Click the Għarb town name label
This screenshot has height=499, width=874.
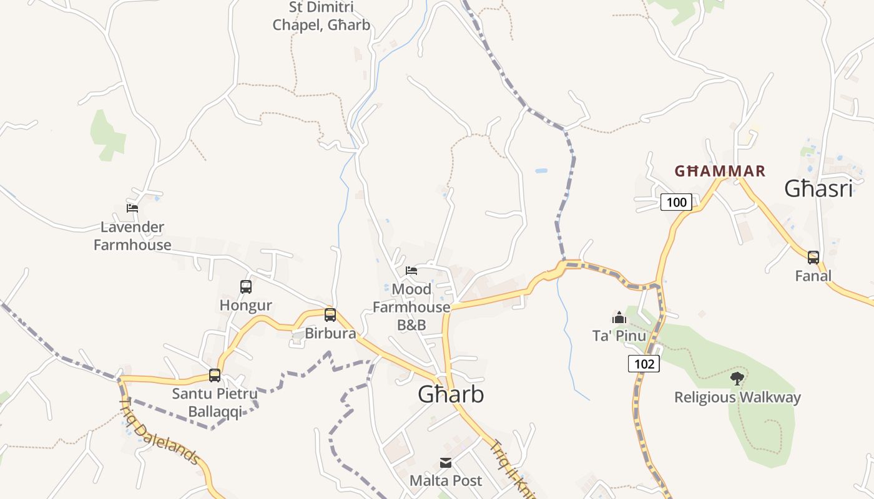click(x=450, y=394)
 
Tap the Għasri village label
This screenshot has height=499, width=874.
click(x=818, y=188)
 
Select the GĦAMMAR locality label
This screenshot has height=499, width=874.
click(x=720, y=171)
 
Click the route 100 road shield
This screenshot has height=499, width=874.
click(x=676, y=201)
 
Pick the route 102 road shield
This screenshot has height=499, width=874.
click(x=644, y=364)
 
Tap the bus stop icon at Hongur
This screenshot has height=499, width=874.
click(x=246, y=287)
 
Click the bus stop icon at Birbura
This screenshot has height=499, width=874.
click(x=330, y=315)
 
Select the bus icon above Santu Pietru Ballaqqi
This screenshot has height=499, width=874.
click(x=215, y=375)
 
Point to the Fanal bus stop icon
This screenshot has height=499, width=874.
click(x=813, y=257)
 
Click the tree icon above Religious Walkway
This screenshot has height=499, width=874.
click(x=737, y=378)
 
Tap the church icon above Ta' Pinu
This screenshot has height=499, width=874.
click(x=619, y=317)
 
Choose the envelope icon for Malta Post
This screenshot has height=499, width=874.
click(x=446, y=463)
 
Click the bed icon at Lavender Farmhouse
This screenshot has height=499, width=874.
click(x=132, y=208)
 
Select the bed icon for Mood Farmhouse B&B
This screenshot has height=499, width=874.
click(x=411, y=270)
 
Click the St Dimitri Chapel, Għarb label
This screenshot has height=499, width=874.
click(x=322, y=16)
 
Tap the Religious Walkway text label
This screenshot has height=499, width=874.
click(x=737, y=397)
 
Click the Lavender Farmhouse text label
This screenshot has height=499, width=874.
click(x=132, y=236)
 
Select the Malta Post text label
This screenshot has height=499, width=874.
click(x=446, y=480)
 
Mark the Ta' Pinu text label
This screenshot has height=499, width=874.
click(x=619, y=336)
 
